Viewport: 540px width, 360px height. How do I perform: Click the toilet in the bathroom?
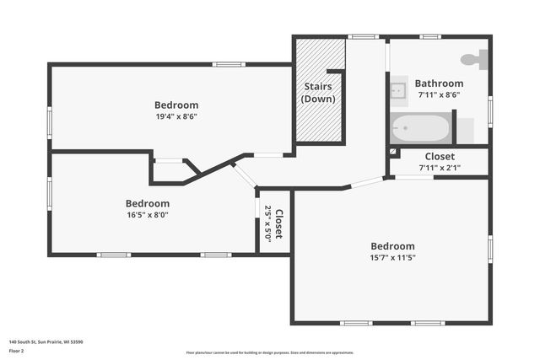point(476,59)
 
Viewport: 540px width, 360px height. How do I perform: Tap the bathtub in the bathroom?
point(420,129)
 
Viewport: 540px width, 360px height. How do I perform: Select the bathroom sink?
point(398,89)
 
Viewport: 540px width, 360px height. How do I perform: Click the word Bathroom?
point(439,83)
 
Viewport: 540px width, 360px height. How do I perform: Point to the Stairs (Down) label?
point(318,93)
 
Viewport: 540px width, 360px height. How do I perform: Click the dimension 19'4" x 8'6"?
point(176,116)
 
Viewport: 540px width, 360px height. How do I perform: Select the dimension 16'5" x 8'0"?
point(148,215)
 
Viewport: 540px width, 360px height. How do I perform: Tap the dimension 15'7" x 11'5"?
point(392,258)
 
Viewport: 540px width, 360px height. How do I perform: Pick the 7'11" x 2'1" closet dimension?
point(439,168)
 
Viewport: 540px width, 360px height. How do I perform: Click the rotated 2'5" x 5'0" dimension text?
point(268,223)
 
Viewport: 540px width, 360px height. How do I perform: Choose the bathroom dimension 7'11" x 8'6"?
point(439,95)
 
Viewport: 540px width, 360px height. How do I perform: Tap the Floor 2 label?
point(17,352)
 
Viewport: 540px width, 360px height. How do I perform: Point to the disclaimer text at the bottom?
point(270,352)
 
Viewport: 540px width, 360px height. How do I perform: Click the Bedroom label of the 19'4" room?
point(176,105)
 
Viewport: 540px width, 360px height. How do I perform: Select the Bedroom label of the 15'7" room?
point(392,246)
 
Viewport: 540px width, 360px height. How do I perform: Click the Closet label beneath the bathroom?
point(439,157)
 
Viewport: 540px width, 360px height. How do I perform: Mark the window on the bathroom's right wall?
point(489,110)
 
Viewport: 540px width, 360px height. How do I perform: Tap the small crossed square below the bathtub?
point(393,153)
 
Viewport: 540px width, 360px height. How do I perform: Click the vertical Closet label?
point(279,223)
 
